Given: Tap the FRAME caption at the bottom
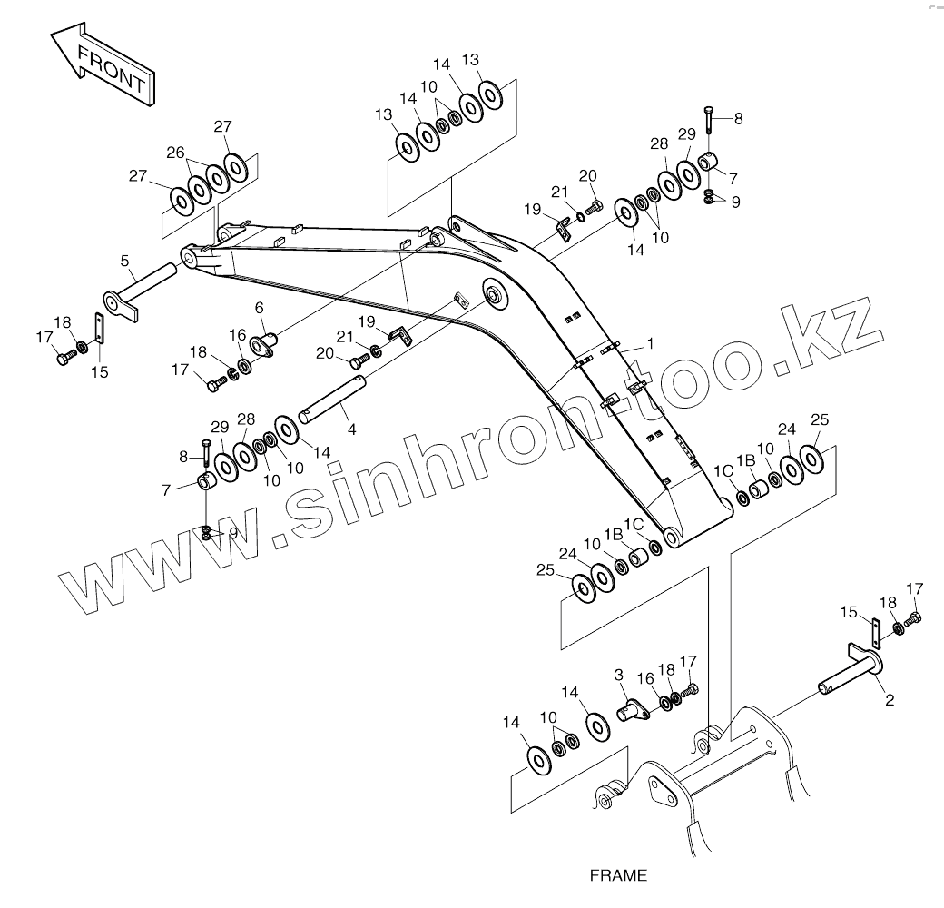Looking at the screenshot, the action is (x=618, y=876).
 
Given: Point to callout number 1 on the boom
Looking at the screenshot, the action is (x=650, y=344).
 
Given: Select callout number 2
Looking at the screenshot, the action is (x=889, y=700).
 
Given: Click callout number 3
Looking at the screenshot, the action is (x=619, y=675).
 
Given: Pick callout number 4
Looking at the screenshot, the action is (x=351, y=428).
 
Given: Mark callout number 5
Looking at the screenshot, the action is (x=124, y=261).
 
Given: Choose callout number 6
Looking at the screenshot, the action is (x=259, y=309).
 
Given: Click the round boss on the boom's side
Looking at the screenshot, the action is (x=494, y=293).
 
